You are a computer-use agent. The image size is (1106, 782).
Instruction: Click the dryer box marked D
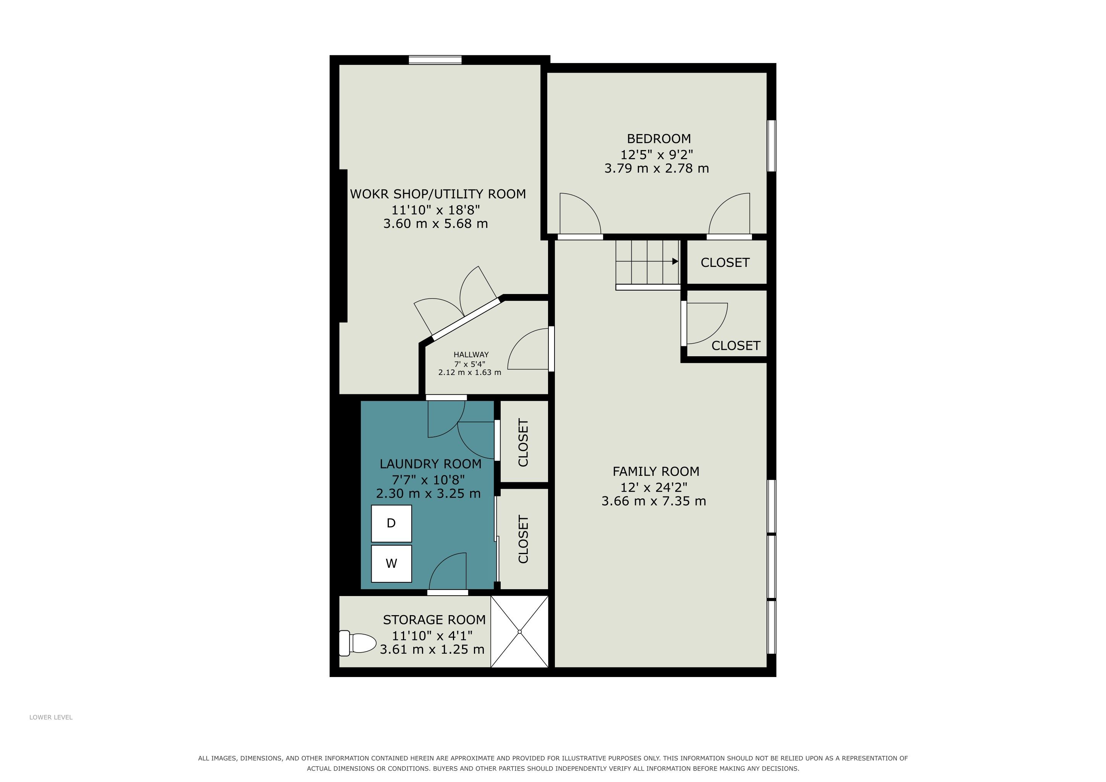tap(391, 523)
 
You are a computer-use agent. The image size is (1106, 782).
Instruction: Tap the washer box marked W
tap(391, 563)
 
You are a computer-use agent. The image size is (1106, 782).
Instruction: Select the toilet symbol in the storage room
tap(357, 643)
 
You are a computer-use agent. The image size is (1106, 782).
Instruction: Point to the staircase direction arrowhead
tap(675, 262)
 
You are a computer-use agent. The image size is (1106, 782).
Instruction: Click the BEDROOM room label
tap(658, 139)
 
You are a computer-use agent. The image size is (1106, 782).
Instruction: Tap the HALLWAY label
tap(471, 354)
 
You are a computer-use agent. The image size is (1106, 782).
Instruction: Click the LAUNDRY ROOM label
tap(430, 464)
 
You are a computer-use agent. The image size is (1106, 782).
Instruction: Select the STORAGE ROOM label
tap(434, 619)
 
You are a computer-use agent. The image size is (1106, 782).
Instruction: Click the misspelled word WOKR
tap(369, 194)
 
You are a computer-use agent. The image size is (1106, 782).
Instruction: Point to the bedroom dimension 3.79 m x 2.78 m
tap(656, 168)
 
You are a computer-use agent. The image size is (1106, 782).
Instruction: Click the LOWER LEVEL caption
tap(51, 717)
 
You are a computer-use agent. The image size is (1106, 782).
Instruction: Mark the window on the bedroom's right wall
tap(771, 145)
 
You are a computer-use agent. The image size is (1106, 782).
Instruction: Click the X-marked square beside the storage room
tap(519, 631)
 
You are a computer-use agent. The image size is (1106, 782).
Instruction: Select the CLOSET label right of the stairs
tap(725, 262)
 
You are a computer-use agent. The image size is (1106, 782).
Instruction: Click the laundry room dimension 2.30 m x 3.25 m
tap(428, 494)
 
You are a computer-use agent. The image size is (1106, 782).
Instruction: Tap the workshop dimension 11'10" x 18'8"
tap(435, 210)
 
